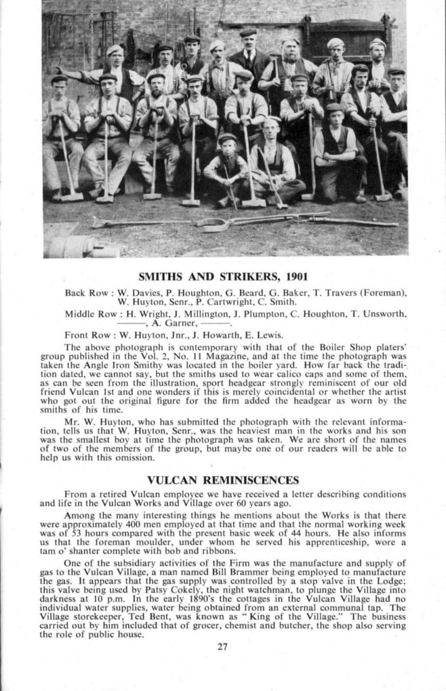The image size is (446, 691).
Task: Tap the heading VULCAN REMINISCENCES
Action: [x=223, y=480]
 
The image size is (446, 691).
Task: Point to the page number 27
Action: [x=223, y=646]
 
